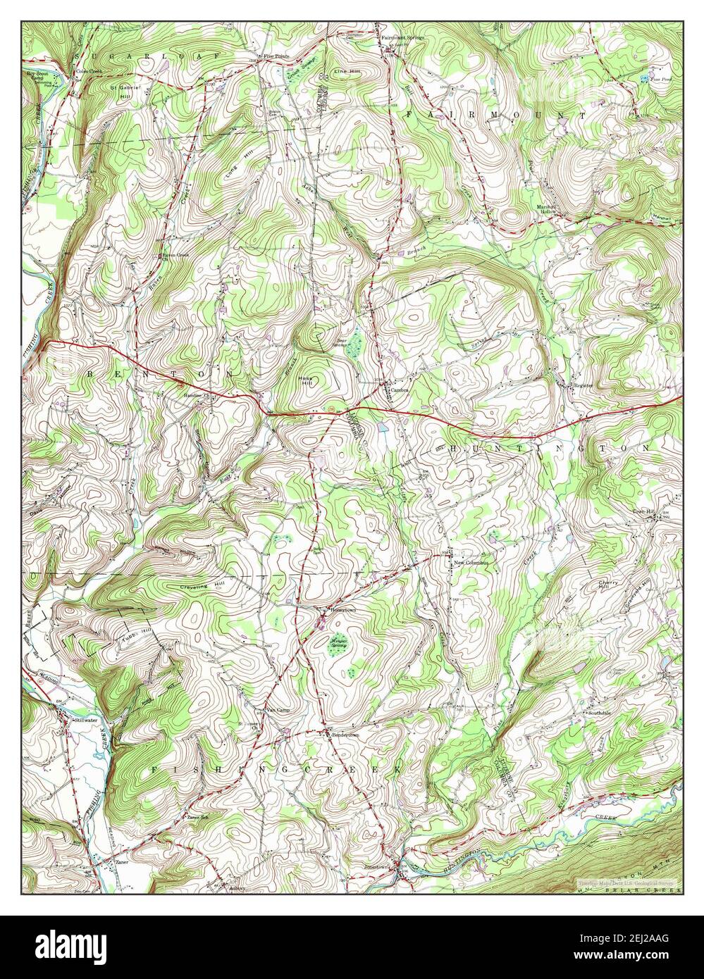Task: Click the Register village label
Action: tap(584, 385)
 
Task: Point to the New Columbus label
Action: tap(471, 562)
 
